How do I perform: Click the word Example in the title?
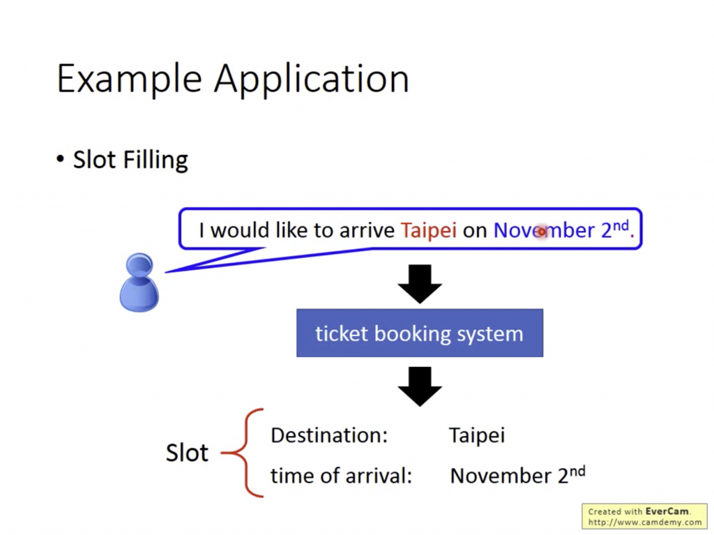click(x=130, y=78)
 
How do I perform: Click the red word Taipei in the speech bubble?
click(x=429, y=230)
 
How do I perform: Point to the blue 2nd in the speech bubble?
click(x=614, y=229)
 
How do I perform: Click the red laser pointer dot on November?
click(x=541, y=232)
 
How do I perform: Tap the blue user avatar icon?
click(x=139, y=282)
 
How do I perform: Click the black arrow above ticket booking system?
click(x=420, y=283)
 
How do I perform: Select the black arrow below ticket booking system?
click(x=420, y=386)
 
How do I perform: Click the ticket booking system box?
click(x=419, y=333)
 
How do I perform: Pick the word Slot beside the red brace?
click(x=187, y=453)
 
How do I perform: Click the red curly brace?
click(x=244, y=453)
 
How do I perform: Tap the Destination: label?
click(x=328, y=435)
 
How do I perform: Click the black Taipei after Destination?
click(x=477, y=436)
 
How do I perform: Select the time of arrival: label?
click(x=342, y=476)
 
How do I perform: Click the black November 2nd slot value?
click(x=517, y=475)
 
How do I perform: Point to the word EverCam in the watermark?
click(x=667, y=511)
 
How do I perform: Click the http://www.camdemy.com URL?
click(x=645, y=522)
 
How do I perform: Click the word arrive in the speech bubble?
click(x=367, y=230)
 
